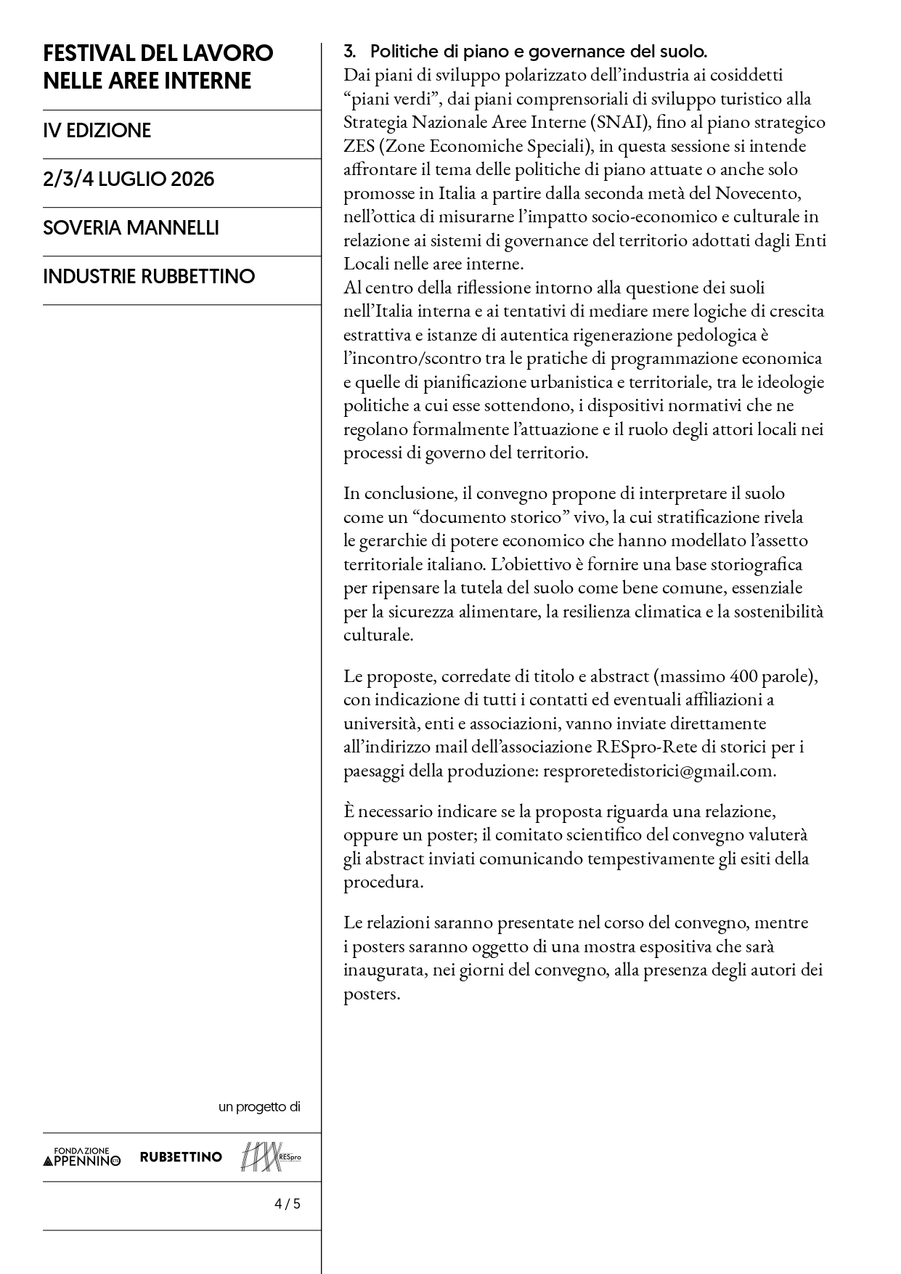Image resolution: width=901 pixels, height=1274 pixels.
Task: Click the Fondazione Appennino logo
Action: pyautogui.click(x=82, y=1156)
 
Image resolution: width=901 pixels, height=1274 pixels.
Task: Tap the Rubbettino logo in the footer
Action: pyautogui.click(x=181, y=1156)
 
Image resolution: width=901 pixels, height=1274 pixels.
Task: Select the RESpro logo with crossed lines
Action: pyautogui.click(x=270, y=1156)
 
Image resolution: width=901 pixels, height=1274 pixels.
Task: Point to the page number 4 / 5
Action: pyautogui.click(x=287, y=1204)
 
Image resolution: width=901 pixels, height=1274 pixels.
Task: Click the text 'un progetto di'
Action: pyautogui.click(x=259, y=1107)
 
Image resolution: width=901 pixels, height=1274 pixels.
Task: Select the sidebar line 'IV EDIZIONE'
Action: pyautogui.click(x=97, y=131)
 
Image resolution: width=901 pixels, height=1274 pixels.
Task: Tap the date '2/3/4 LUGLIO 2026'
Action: pyautogui.click(x=129, y=179)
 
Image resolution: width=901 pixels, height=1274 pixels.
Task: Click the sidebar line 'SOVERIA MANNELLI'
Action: pyautogui.click(x=131, y=228)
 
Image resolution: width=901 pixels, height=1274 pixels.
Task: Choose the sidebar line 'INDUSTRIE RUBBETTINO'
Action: pyautogui.click(x=149, y=277)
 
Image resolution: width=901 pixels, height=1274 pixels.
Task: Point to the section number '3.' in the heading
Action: pyautogui.click(x=350, y=52)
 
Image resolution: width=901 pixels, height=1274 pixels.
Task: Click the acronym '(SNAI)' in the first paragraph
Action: pyautogui.click(x=618, y=122)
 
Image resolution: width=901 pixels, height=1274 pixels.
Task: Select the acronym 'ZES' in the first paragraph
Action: pyautogui.click(x=359, y=146)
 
